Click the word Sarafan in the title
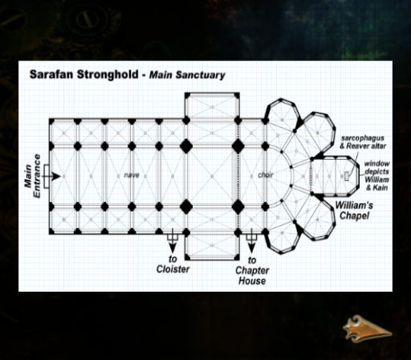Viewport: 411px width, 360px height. pyautogui.click(x=52, y=75)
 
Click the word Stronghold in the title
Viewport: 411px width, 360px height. pyautogui.click(x=108, y=75)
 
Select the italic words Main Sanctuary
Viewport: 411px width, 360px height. pyautogui.click(x=187, y=75)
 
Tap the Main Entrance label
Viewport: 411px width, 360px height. pyautogui.click(x=33, y=176)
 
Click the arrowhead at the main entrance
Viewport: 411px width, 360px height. pyautogui.click(x=56, y=176)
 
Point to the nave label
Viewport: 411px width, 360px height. pyautogui.click(x=132, y=175)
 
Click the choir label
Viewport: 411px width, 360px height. pyautogui.click(x=266, y=175)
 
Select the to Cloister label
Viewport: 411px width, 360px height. pyautogui.click(x=173, y=264)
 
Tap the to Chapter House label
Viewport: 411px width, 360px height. pyautogui.click(x=252, y=271)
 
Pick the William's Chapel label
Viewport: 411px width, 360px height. pyautogui.click(x=354, y=211)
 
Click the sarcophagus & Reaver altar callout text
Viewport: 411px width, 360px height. pyautogui.click(x=363, y=142)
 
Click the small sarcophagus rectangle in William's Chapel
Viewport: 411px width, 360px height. pyautogui.click(x=347, y=176)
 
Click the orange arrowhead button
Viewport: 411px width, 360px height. pyautogui.click(x=367, y=329)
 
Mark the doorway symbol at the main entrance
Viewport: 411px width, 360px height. pyautogui.click(x=47, y=176)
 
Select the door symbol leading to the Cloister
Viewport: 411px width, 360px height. pyautogui.click(x=173, y=236)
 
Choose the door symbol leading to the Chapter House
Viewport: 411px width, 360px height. pyautogui.click(x=251, y=236)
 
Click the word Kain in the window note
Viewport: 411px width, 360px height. pyautogui.click(x=380, y=187)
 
